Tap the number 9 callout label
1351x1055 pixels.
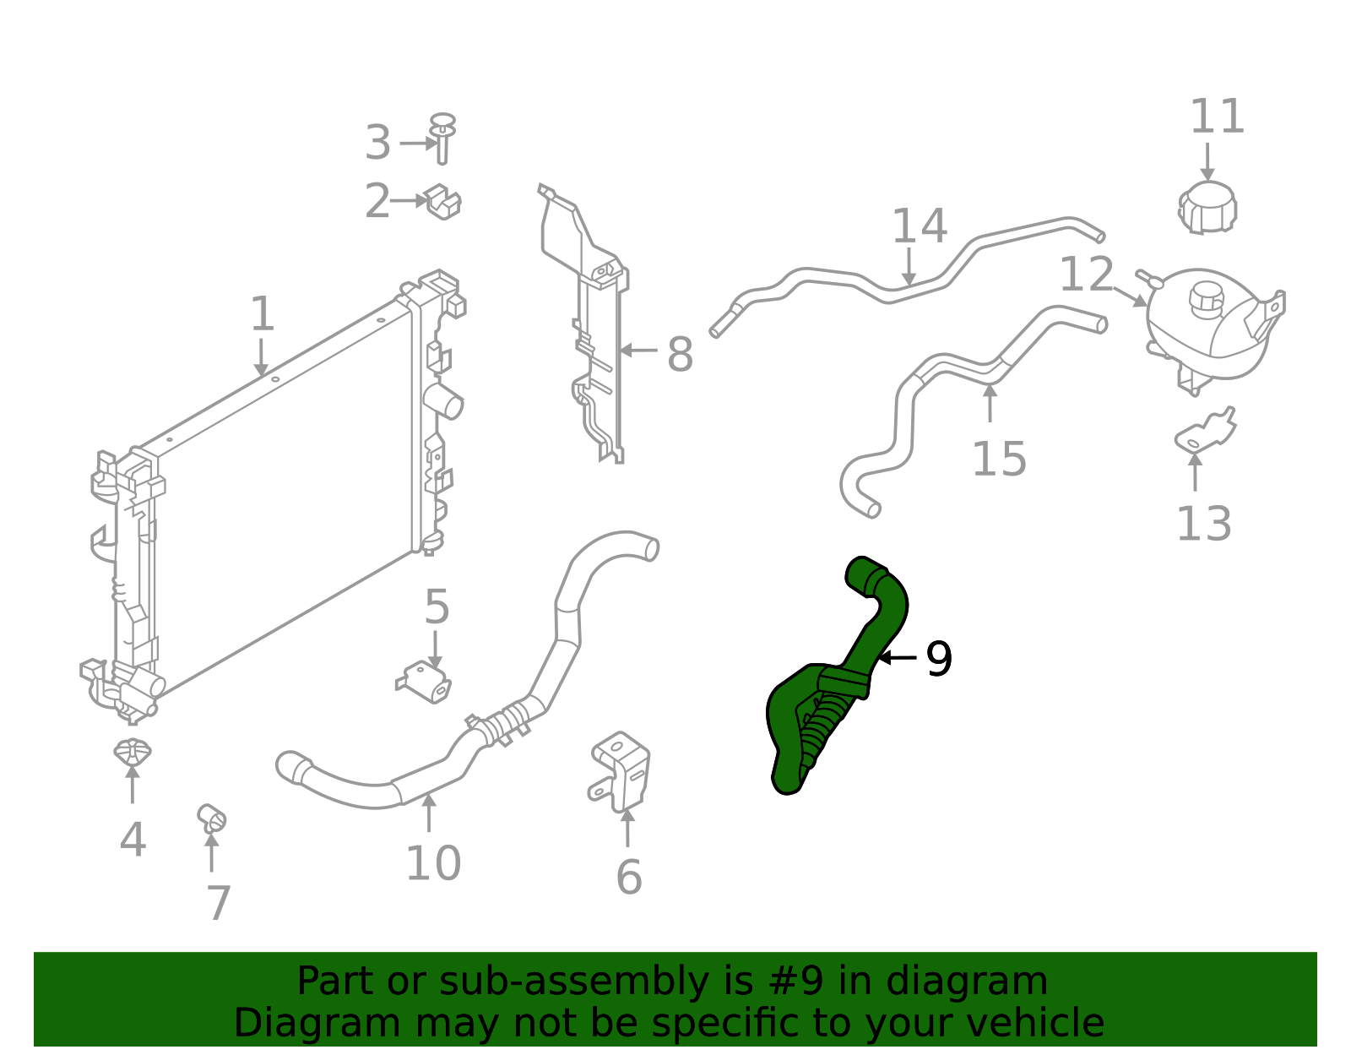pos(939,659)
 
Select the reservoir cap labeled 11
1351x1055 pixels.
pos(1207,208)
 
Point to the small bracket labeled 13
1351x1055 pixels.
pos(1205,432)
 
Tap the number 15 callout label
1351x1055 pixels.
pos(999,460)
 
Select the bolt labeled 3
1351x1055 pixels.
pos(442,139)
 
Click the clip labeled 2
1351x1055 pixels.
pos(442,202)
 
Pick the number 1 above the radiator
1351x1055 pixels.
pos(263,314)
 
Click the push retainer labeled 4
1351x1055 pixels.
pos(133,751)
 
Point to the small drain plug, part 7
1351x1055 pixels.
pos(211,818)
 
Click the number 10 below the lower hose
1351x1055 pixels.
pos(433,863)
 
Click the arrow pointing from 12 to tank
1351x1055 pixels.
pos(1130,296)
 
